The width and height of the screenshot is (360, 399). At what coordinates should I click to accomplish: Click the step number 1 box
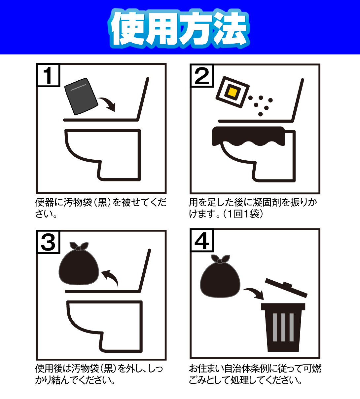[x=48, y=75]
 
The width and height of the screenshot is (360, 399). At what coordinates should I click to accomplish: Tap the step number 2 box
[x=202, y=76]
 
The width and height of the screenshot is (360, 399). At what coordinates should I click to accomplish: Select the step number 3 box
[x=48, y=242]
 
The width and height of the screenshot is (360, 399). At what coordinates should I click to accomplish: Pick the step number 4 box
[x=202, y=240]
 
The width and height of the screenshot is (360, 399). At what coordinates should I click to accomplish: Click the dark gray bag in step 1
[x=81, y=97]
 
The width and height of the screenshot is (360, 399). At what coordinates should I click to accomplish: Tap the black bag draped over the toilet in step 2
[x=248, y=136]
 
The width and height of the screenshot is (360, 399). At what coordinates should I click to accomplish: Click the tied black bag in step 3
[x=79, y=263]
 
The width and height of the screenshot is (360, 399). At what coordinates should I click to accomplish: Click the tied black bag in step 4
[x=220, y=276]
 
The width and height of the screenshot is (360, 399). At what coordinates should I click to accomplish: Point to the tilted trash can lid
[x=286, y=288]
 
